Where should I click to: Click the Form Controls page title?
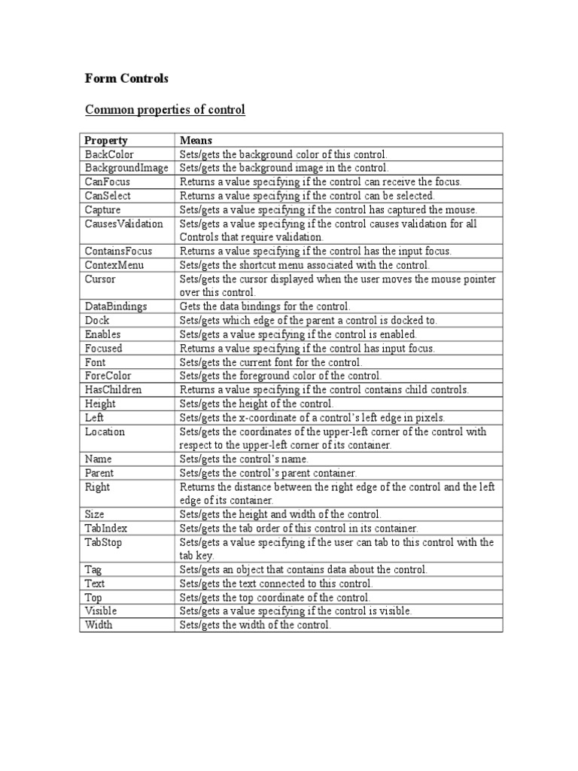[x=127, y=79]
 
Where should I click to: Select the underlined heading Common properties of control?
[x=165, y=110]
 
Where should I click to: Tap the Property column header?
[x=106, y=140]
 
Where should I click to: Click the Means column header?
[x=196, y=140]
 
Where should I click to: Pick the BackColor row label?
[x=109, y=154]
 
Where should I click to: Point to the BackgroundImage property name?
[x=126, y=168]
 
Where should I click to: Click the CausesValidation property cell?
[x=123, y=224]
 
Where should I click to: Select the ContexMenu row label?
[x=114, y=265]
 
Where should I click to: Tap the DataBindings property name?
[x=116, y=306]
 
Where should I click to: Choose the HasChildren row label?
[x=114, y=389]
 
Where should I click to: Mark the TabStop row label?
[x=106, y=542]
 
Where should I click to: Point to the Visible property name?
[x=101, y=611]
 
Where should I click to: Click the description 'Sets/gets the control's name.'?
[x=244, y=459]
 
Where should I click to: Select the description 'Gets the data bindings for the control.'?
[x=264, y=306]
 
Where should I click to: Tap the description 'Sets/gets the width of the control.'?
[x=255, y=625]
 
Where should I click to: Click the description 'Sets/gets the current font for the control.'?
[x=271, y=362]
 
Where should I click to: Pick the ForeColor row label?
[x=109, y=376]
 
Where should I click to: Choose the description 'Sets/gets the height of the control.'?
[x=257, y=404]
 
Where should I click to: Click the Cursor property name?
[x=100, y=279]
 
